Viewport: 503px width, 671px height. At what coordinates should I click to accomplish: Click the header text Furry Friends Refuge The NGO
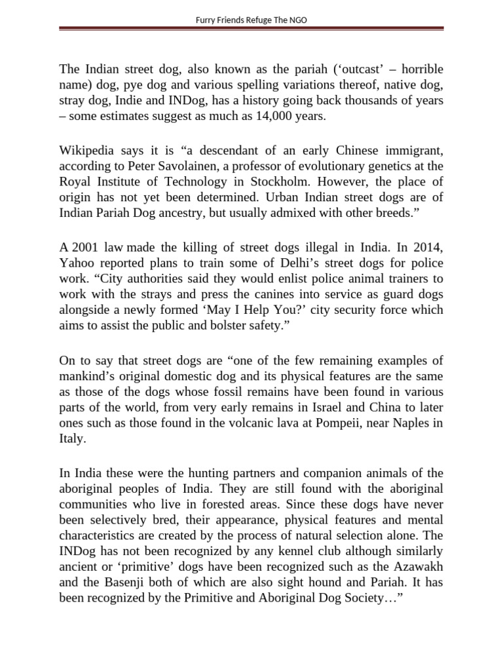click(251, 20)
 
